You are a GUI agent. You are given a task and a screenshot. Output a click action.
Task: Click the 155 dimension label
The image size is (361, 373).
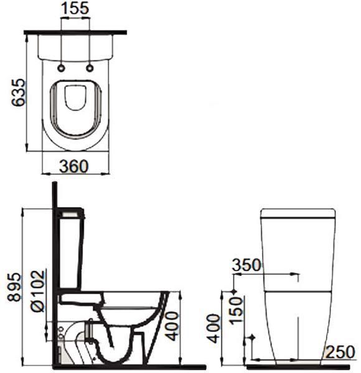(75, 8)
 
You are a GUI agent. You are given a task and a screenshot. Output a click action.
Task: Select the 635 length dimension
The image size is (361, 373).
(19, 92)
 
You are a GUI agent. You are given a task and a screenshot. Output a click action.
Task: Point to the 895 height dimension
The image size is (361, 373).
(14, 287)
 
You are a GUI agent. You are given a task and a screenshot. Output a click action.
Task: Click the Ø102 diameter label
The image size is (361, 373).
(37, 291)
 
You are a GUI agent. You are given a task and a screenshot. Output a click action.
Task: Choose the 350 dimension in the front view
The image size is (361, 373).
(246, 265)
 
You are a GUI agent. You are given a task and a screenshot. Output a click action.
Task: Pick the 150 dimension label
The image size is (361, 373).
(236, 310)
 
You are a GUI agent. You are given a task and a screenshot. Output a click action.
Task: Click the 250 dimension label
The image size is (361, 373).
(340, 352)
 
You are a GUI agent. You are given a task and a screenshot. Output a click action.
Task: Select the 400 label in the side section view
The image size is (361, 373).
(172, 326)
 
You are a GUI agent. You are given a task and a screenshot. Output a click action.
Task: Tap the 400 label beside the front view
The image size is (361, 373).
(213, 328)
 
